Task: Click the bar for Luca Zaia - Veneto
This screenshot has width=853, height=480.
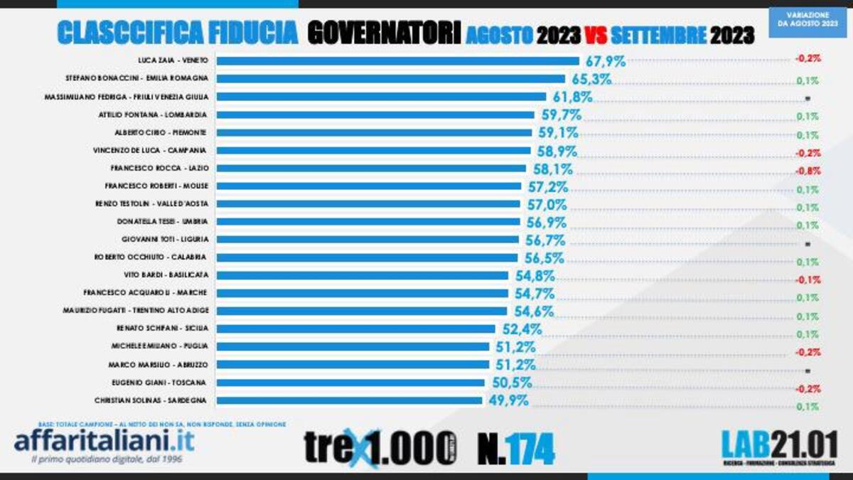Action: click(398, 60)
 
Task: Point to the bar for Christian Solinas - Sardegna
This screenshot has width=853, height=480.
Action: click(349, 400)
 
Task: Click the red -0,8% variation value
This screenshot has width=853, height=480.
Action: click(808, 171)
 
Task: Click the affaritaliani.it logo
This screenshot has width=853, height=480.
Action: click(104, 439)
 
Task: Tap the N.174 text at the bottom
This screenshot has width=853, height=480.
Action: click(515, 448)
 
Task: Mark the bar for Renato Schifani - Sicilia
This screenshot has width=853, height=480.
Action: click(355, 329)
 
